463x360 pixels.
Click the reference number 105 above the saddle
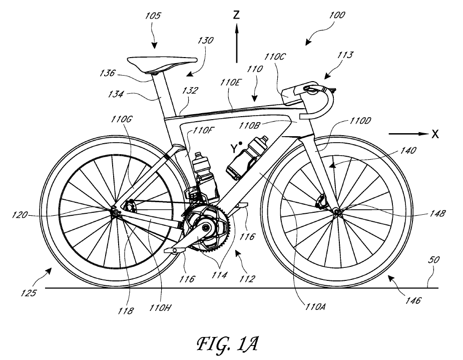[x=154, y=16]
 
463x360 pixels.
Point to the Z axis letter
[x=237, y=15]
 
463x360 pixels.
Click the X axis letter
[x=436, y=134]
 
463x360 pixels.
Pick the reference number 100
[x=336, y=16]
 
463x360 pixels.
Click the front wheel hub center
[x=336, y=212]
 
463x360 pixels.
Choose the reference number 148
[x=437, y=214]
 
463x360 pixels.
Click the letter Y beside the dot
[x=233, y=148]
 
